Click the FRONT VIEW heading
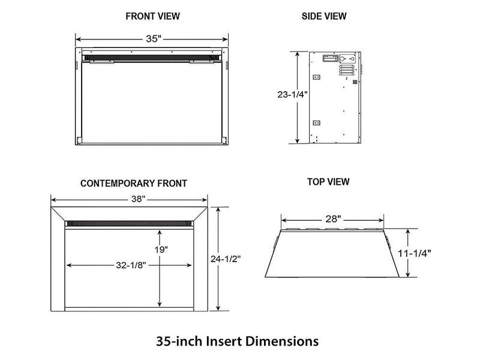152,16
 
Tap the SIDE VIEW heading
324,16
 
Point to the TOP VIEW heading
328,181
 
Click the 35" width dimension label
153,39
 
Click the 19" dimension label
160,248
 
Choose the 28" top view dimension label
333,220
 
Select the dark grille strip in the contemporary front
130,223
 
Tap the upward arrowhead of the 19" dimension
160,230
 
